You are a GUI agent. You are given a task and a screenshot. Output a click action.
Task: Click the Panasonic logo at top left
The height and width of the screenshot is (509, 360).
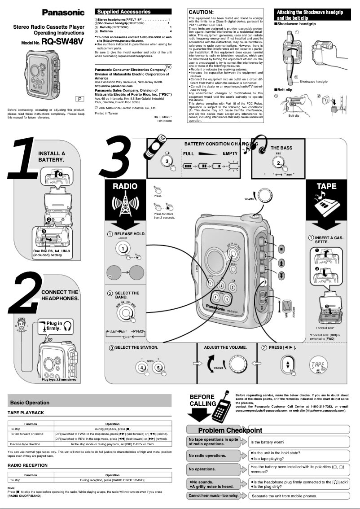tap(63, 12)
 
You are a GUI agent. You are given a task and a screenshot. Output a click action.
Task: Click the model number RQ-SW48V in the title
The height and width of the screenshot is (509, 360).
tap(62, 42)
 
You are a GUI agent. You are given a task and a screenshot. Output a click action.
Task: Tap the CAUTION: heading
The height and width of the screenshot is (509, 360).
tap(201, 12)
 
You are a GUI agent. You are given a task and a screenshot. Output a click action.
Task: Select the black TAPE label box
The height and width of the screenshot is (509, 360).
tap(326, 186)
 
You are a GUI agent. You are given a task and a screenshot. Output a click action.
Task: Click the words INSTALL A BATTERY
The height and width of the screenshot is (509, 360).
tap(52, 157)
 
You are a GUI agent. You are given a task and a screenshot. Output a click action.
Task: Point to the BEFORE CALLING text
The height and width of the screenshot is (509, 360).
tap(202, 400)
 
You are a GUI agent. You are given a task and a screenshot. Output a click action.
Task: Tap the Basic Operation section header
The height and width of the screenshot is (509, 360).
tap(30, 403)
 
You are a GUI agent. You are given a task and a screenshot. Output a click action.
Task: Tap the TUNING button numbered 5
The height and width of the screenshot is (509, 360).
tap(158, 367)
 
